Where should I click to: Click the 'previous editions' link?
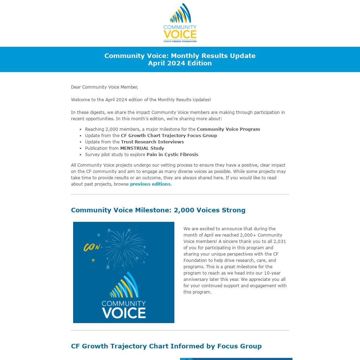(x=150, y=184)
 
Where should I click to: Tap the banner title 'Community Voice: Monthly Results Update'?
(x=180, y=56)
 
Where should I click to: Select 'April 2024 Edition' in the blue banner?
(x=180, y=63)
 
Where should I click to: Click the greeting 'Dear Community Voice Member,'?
(x=104, y=87)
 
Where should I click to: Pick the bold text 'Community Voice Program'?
(x=228, y=129)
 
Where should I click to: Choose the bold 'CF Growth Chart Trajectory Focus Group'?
(x=169, y=136)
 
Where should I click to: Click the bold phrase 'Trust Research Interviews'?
(x=152, y=142)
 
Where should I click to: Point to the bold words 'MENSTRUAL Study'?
(x=142, y=148)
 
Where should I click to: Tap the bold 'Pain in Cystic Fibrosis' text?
(x=172, y=155)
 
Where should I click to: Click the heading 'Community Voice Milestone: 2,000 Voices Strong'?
(x=158, y=210)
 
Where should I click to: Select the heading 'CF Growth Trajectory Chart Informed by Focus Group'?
(x=166, y=346)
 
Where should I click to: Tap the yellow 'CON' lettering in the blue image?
(x=92, y=247)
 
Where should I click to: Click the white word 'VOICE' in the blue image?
(x=124, y=313)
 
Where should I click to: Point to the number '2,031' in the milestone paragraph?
(x=279, y=242)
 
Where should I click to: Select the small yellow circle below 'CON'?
(x=93, y=260)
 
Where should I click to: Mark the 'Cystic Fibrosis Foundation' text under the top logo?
(x=180, y=41)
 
